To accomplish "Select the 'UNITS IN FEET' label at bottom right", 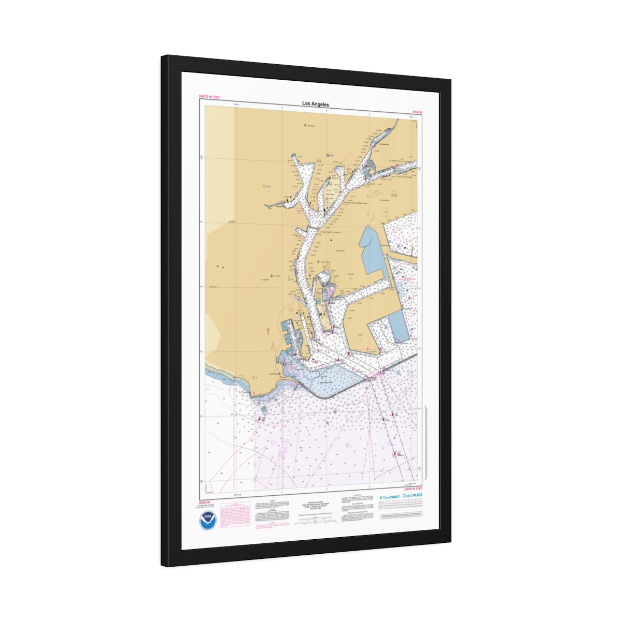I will [413, 489].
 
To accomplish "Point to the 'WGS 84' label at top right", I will [418, 112].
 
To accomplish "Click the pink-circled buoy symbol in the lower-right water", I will [398, 454].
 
